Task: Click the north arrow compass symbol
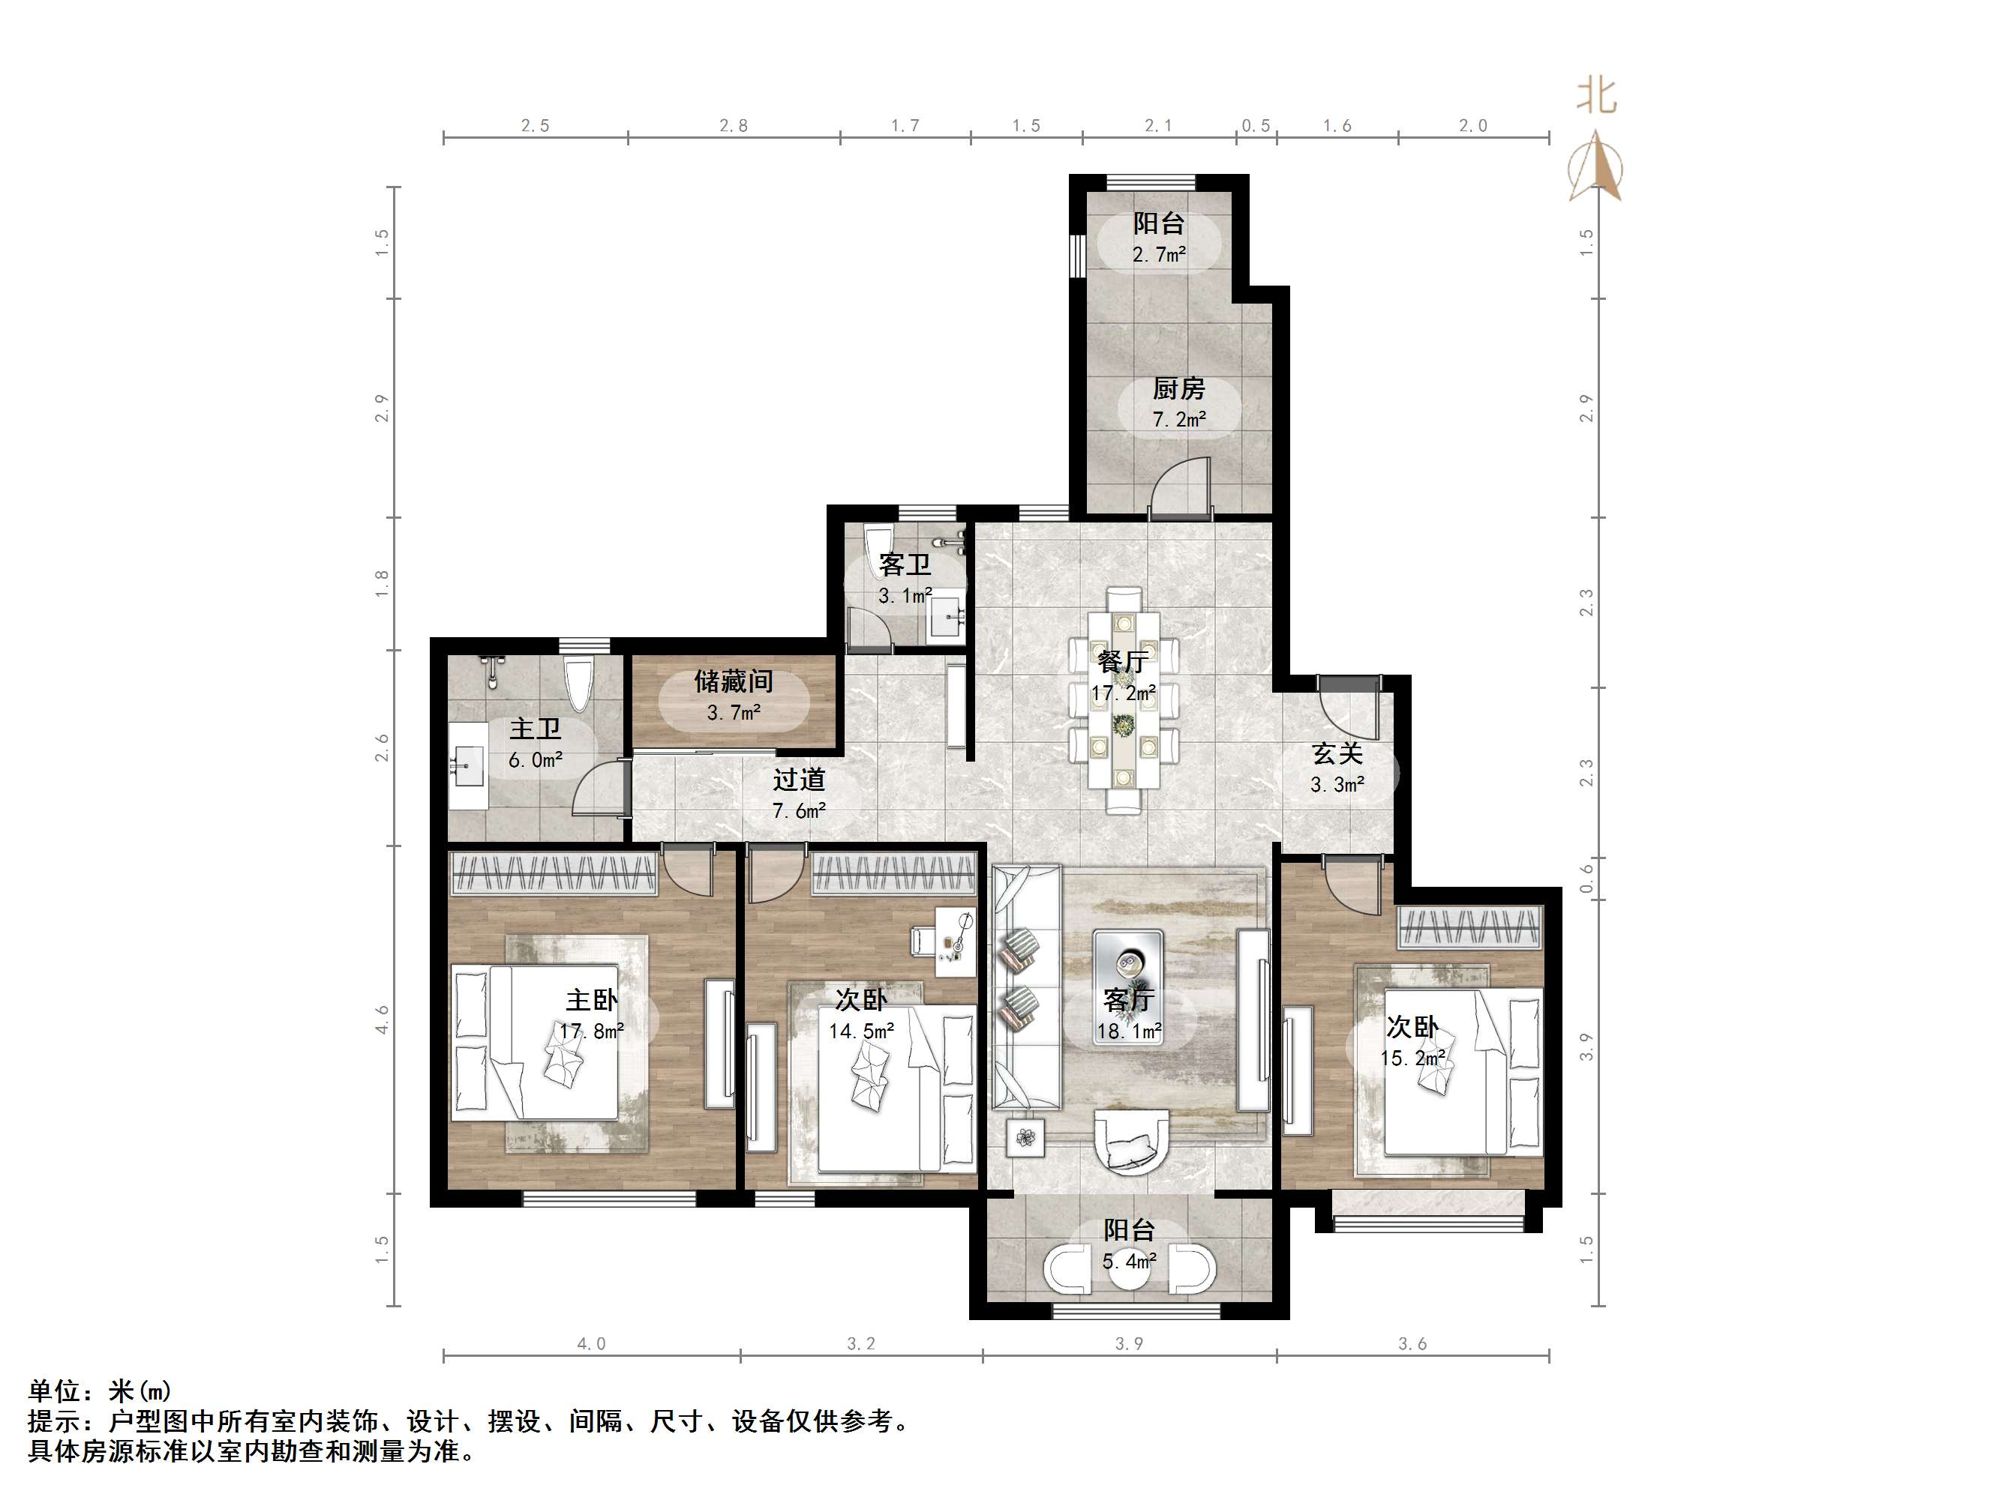pos(1595,166)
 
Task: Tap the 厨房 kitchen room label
pos(1178,388)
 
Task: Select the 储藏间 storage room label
pos(734,681)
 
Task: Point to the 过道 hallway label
pos(798,779)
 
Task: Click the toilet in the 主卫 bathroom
pos(578,684)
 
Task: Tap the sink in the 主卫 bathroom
pos(467,765)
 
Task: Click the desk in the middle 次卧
pos(956,941)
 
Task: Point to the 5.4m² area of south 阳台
pos(1129,1262)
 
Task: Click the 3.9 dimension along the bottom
pos(1129,1343)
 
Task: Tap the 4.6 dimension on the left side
pos(382,1019)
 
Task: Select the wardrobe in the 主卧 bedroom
pos(554,873)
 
